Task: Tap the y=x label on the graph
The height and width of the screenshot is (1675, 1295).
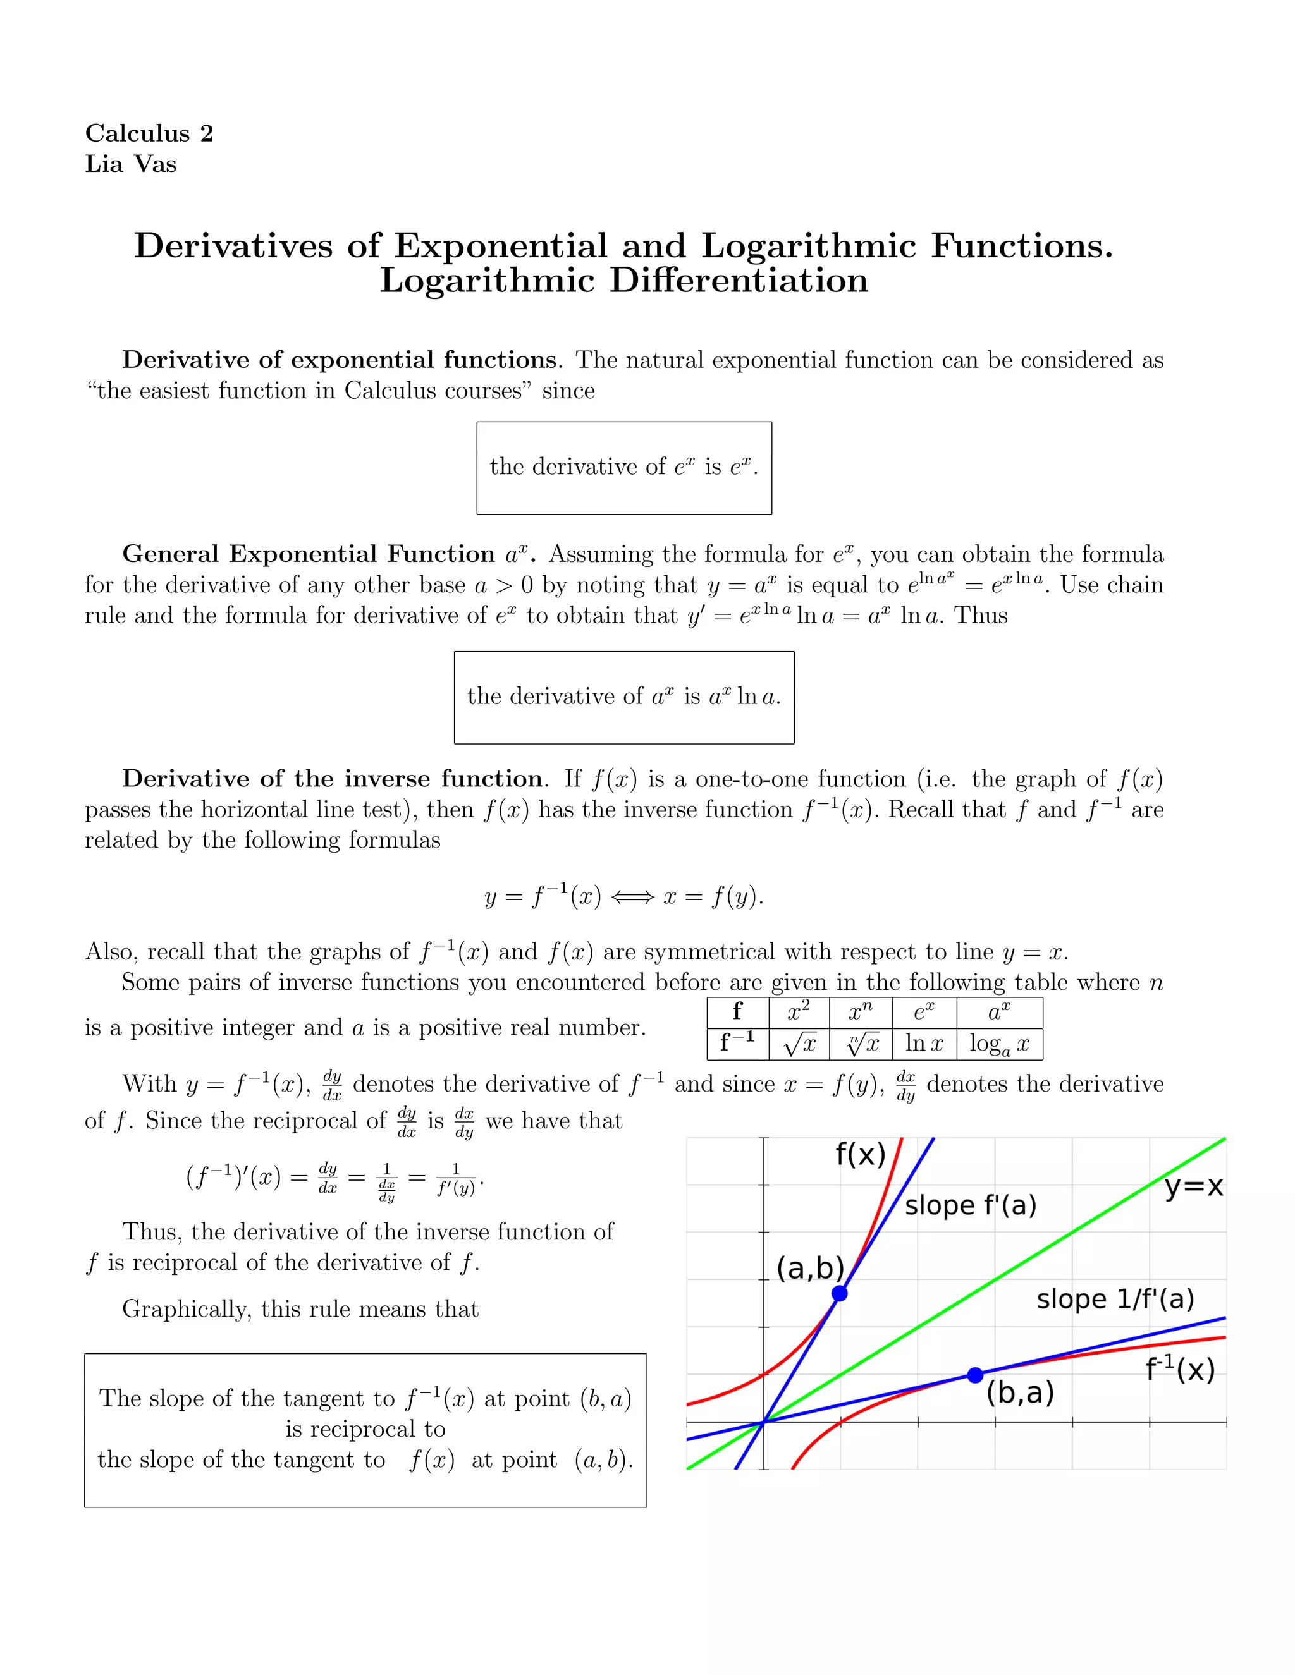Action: tap(1193, 1186)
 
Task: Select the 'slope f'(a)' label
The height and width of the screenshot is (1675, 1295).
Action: tap(970, 1205)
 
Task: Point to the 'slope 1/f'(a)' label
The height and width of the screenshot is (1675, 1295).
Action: tap(1115, 1298)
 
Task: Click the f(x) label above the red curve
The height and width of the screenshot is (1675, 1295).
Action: tap(860, 1154)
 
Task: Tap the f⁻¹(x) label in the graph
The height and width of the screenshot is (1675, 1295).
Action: tap(1179, 1369)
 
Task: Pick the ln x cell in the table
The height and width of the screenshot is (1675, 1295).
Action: tap(924, 1043)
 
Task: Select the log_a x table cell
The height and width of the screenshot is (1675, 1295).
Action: tap(999, 1044)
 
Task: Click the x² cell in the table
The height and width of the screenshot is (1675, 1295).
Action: tap(798, 1011)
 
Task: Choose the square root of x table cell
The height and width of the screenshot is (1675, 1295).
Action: tap(799, 1044)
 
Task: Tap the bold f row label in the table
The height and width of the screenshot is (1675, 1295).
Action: tap(737, 1011)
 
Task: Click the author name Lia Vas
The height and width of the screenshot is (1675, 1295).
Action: tap(130, 164)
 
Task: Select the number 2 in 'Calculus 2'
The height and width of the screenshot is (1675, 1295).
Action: tap(206, 133)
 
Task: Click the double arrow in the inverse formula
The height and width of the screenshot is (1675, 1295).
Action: tap(633, 896)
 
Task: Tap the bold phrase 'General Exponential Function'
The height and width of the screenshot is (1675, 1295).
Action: tap(309, 554)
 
